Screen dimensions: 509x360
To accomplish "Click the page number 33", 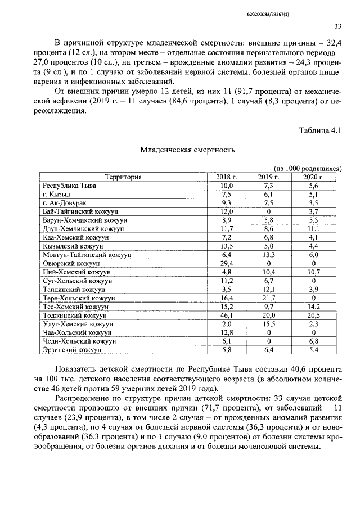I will pyautogui.click(x=337, y=25).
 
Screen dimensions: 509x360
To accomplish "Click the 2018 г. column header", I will pyautogui.click(x=226, y=177).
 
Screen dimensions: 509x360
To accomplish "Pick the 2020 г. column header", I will pyautogui.click(x=314, y=177).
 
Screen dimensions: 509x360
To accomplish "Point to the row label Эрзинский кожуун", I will pyautogui.click(x=71, y=349).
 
